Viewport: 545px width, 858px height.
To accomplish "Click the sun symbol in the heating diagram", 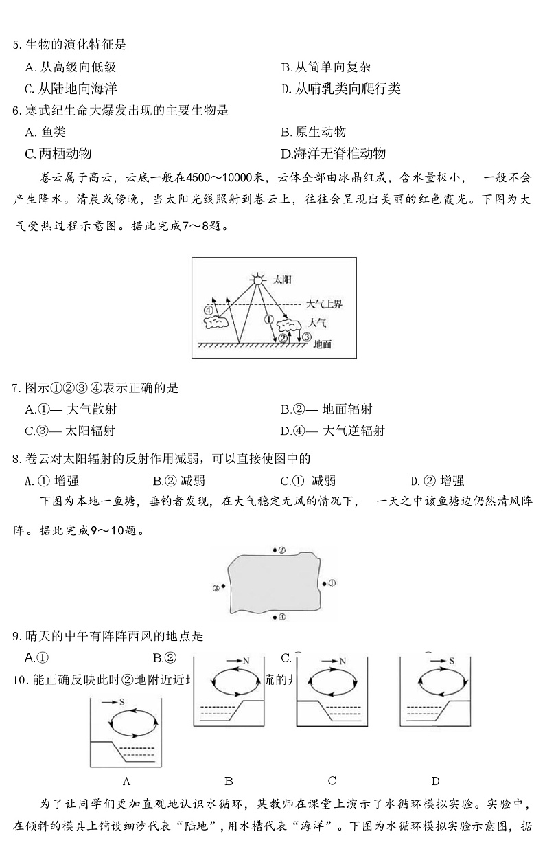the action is pyautogui.click(x=257, y=280).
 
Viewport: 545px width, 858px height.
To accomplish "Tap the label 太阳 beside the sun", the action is pyautogui.click(x=282, y=280).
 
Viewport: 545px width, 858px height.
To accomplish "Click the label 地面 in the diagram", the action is pyautogui.click(x=321, y=344).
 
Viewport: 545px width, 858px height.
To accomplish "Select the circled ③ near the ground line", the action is pyautogui.click(x=306, y=337).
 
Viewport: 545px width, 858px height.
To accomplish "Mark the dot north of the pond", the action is pyautogui.click(x=276, y=550).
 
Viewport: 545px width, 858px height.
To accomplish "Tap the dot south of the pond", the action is pyautogui.click(x=275, y=617).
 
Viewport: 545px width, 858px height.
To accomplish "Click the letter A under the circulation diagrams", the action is pyautogui.click(x=126, y=780).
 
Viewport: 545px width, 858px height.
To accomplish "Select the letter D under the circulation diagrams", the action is pyautogui.click(x=435, y=780).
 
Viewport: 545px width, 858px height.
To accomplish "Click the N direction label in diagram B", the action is pyautogui.click(x=245, y=660).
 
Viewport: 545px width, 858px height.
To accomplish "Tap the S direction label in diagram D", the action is pyautogui.click(x=452, y=660).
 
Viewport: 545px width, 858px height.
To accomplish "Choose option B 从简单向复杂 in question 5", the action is pyautogui.click(x=325, y=67).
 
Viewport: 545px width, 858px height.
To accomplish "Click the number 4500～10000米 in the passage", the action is pyautogui.click(x=212, y=179).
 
